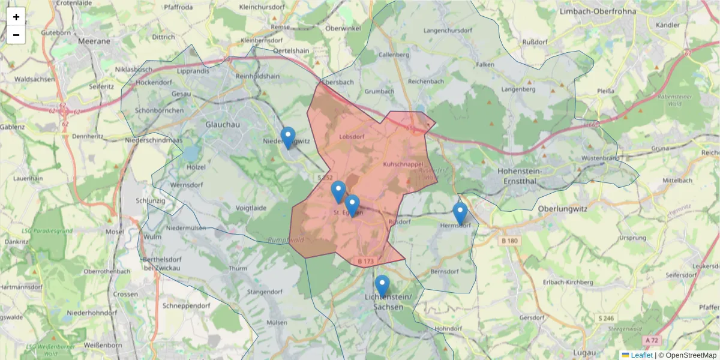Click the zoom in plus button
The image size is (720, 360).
pos(16,17)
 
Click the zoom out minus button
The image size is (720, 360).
pos(16,35)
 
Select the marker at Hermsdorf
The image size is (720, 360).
pos(460,213)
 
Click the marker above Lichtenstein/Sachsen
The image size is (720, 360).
pos(382,285)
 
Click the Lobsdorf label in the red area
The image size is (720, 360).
pos(352,136)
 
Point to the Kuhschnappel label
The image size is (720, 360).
pos(403,163)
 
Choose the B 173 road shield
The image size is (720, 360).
pos(365,261)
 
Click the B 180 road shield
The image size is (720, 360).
pos(508,241)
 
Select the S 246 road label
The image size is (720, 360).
pos(605,318)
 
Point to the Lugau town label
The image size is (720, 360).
pos(584,352)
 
